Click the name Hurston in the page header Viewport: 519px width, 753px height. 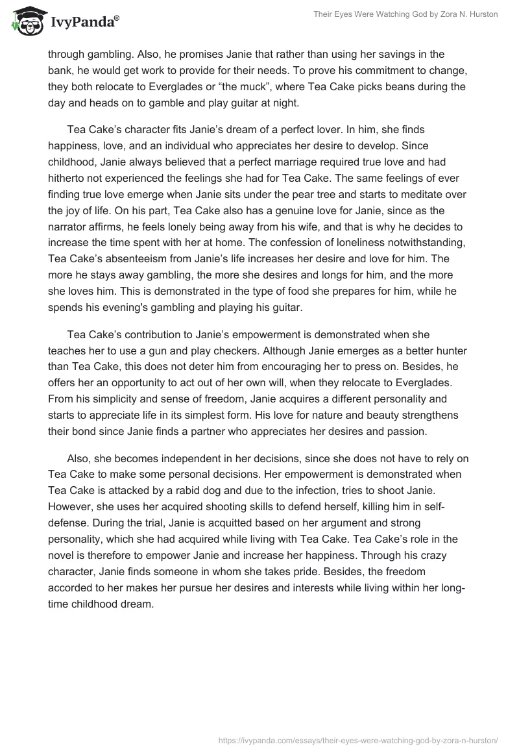pos(481,14)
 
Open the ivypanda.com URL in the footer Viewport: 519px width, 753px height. pos(357,739)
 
